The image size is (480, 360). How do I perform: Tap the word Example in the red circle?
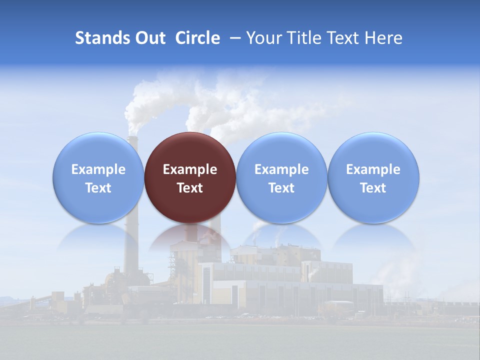click(190, 169)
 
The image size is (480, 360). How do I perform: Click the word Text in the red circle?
click(190, 188)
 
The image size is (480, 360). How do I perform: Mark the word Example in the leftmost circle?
click(98, 169)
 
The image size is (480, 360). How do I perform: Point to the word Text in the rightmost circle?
click(373, 188)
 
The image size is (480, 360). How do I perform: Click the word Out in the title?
click(149, 38)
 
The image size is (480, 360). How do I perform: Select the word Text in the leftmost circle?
click(98, 188)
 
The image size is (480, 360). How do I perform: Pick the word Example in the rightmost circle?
click(373, 169)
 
